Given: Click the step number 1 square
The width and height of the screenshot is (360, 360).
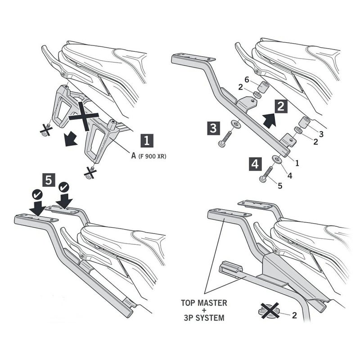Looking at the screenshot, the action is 147,141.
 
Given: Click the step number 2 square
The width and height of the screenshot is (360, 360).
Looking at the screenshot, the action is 281,107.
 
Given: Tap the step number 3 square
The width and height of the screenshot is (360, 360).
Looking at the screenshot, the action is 213,128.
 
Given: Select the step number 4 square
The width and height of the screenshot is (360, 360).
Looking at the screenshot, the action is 255,164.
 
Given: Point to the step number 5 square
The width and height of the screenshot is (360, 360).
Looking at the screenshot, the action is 49,180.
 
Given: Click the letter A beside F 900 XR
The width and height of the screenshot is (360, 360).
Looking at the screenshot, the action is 134,156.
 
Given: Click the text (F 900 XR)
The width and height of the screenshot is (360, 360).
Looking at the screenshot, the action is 152,156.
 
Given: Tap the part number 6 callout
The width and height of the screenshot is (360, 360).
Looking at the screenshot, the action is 247,80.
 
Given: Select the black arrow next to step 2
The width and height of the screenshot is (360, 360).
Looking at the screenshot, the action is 270,120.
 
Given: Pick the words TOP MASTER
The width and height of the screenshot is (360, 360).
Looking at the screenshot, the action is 204,303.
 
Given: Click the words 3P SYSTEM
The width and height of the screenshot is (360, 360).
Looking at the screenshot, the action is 204,318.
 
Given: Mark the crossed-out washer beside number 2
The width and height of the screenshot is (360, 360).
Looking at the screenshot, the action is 270,311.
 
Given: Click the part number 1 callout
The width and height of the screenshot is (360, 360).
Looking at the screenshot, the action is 297,163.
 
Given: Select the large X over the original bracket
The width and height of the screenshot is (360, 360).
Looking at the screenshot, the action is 84,116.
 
